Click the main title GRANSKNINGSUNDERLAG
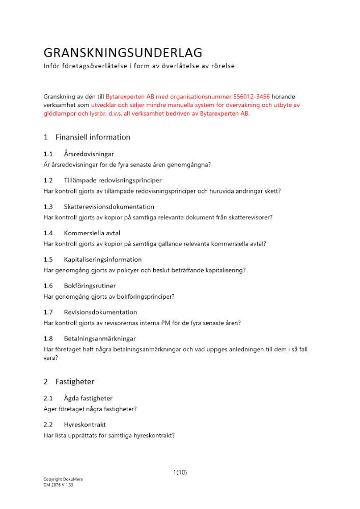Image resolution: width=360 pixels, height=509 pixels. pos(123,53)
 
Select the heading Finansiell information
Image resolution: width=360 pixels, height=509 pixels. pos(93,137)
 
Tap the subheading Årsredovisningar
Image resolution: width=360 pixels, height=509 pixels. pos(89,154)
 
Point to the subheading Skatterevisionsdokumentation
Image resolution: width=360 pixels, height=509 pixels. pos(109,207)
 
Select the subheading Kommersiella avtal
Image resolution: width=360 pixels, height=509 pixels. pos(92,233)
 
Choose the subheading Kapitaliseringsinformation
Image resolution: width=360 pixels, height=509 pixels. pos(102,260)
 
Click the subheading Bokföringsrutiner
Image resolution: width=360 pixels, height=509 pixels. pos(90,286)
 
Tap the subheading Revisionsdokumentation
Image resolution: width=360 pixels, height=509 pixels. pos(100,312)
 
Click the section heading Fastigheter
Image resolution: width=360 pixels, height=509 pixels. pos(75,381)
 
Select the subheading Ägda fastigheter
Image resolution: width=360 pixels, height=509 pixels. pos(88,398)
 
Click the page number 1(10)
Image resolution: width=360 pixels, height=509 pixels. pos(180,472)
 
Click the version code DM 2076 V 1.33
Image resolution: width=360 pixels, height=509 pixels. pos(58,485)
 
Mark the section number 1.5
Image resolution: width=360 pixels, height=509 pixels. pos(48,260)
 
